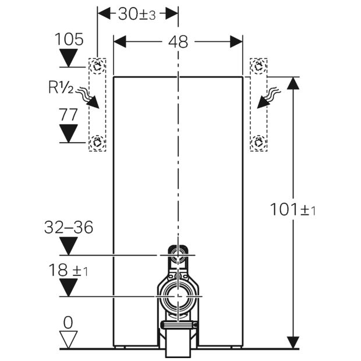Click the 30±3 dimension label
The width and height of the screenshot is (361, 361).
[137, 15]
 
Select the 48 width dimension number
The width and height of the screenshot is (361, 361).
[178, 42]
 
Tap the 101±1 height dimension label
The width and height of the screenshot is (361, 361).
[293, 210]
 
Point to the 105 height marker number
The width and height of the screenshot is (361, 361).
[69, 39]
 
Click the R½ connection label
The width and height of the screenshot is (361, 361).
[61, 87]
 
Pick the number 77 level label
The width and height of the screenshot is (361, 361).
[68, 115]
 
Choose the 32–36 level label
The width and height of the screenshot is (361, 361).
[69, 227]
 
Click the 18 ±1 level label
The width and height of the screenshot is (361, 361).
[68, 270]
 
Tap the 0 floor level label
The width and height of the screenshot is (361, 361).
[68, 323]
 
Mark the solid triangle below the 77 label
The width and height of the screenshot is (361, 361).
[68, 133]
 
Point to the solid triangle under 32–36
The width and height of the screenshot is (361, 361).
[68, 246]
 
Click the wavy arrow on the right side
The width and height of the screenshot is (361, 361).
[268, 98]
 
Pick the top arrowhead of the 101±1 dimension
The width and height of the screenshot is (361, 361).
[293, 83]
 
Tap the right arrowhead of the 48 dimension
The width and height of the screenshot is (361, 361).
[236, 42]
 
